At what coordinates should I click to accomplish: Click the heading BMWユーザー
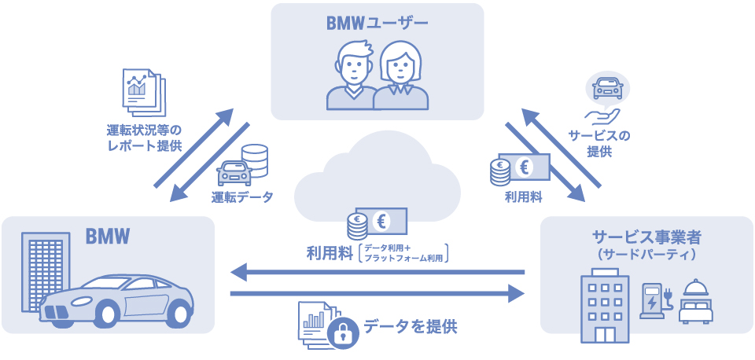pyautogui.click(x=377, y=23)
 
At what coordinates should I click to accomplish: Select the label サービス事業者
pyautogui.click(x=646, y=237)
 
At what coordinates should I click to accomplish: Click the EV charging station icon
pyautogui.click(x=654, y=300)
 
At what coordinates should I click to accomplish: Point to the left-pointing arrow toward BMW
pyautogui.click(x=377, y=273)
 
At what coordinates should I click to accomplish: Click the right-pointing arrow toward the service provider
pyautogui.click(x=377, y=294)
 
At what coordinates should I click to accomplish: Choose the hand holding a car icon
pyautogui.click(x=606, y=99)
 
